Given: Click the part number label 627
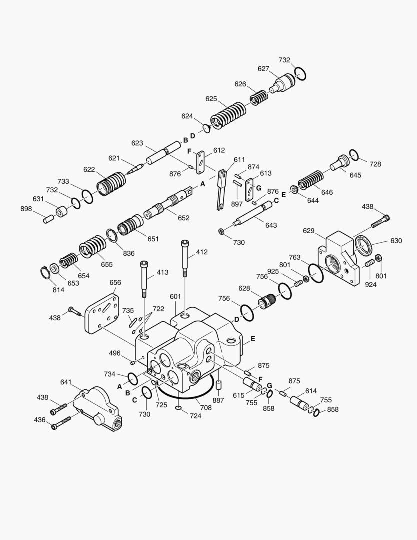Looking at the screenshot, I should pos(263,69).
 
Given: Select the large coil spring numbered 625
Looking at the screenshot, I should pos(228,114).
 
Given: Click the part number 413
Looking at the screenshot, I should pos(162,272).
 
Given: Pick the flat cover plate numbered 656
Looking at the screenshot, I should pos(102,314).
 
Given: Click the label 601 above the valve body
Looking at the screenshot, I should pos(175,296).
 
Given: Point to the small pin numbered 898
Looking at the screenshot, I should pos(48,218).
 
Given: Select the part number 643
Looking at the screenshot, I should pos(271,225).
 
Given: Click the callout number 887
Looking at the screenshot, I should pos(218,400).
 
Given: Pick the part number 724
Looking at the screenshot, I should pos(195,416).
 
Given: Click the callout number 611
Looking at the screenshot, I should pos(239,159).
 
